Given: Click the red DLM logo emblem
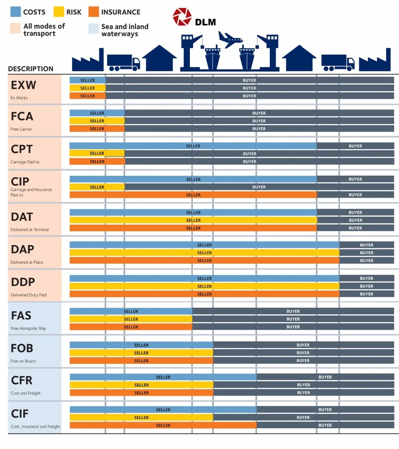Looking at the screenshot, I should pos(182,17).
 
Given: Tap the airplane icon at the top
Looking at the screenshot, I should pos(230,39).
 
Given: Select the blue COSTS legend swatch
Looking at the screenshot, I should pos(15,12).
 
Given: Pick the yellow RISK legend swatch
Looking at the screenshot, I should pos(59,12).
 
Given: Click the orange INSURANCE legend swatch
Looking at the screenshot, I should pos(93,12).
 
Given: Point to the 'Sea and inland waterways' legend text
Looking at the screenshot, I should pos(124,30).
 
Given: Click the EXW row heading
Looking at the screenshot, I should pos(23,85).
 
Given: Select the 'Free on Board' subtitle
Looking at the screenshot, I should pos(23,361).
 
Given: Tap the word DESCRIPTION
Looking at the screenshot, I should pos(31,69).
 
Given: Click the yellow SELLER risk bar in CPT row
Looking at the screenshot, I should pos(97,153).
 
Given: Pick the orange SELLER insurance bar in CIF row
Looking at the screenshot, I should pos(163,425).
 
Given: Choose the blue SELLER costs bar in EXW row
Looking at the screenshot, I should pos(87,80).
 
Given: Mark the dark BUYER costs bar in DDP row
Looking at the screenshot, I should pos(366,278).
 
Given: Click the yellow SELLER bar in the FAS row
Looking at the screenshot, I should pos(131,319).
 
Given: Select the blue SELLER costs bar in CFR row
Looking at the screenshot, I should pos(163,377).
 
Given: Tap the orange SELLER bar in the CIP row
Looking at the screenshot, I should pos(193,195).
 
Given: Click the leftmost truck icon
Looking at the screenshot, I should pos(123,62).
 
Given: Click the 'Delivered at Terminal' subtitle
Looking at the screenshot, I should pos(30,229).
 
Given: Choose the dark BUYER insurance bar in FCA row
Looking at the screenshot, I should pos(259,129).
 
